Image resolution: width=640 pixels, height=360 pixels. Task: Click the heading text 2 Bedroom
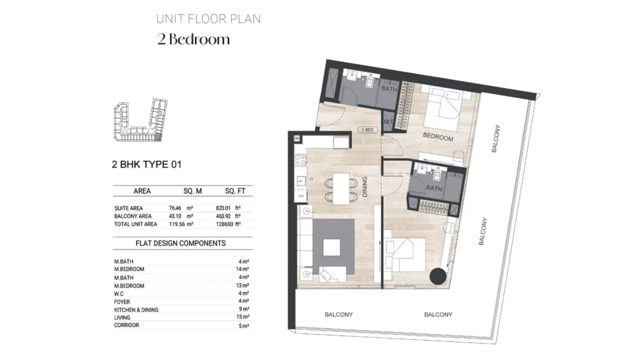(x=194, y=39)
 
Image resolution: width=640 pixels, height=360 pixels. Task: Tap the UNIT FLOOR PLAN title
(x=209, y=19)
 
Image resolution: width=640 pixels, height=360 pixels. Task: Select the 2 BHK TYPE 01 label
(x=147, y=164)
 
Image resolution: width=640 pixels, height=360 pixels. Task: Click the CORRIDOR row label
(x=126, y=325)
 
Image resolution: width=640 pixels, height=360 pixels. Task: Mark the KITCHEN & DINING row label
(x=136, y=309)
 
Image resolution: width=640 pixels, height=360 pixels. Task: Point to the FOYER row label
(x=122, y=301)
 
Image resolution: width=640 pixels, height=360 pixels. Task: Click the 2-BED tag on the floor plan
(x=366, y=129)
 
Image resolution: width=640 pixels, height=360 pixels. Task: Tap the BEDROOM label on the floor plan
(x=438, y=137)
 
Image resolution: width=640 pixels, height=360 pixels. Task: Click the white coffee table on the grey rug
(x=332, y=246)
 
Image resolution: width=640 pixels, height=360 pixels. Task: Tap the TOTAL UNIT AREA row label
(x=135, y=224)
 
